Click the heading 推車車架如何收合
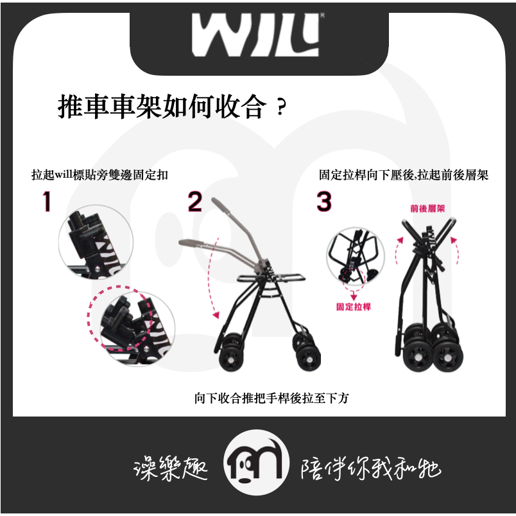(161, 107)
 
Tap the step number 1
(46, 202)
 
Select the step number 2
(195, 202)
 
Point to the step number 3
(325, 202)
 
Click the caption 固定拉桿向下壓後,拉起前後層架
(404, 175)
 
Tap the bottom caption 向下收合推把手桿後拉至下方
(271, 398)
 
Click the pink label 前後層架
(428, 208)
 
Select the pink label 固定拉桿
(354, 307)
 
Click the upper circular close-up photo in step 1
(95, 241)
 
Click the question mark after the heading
(280, 109)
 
